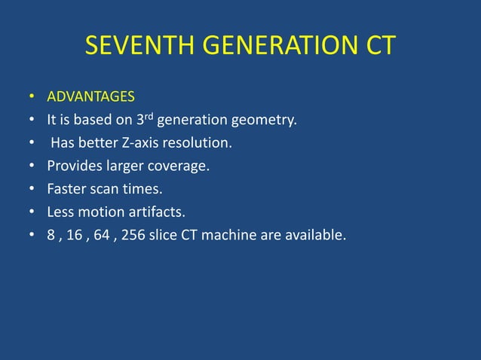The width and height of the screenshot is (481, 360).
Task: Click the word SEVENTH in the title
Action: pyautogui.click(x=136, y=47)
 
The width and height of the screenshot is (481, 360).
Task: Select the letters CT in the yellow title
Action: pyautogui.click(x=378, y=47)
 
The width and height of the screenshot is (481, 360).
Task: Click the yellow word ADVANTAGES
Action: pyautogui.click(x=90, y=96)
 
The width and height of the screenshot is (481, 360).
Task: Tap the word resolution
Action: pyautogui.click(x=198, y=143)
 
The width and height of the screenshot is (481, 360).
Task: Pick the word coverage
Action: pyautogui.click(x=181, y=166)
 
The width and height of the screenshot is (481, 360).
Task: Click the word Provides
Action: pyautogui.click(x=72, y=166)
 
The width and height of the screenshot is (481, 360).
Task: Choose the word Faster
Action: pyautogui.click(x=66, y=189)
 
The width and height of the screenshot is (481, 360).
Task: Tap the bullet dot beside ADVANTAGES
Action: pyautogui.click(x=31, y=97)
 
